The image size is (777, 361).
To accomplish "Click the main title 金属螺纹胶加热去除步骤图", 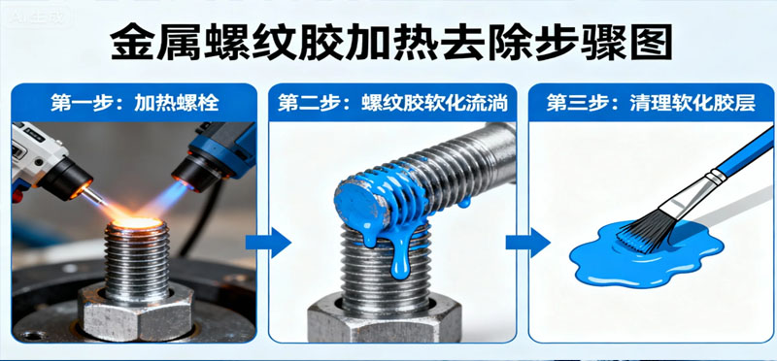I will (x=388, y=44).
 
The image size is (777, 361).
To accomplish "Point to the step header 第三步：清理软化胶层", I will (x=650, y=101).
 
